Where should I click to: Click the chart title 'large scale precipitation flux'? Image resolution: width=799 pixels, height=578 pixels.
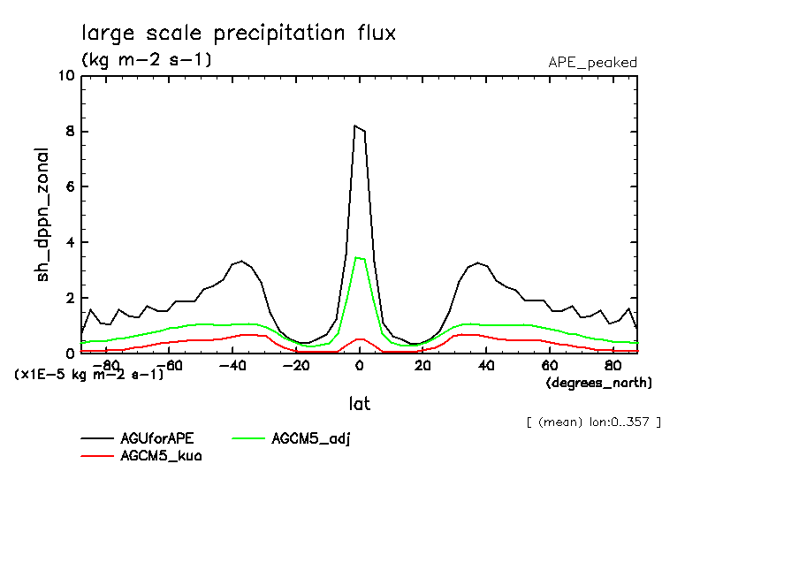pos(239,34)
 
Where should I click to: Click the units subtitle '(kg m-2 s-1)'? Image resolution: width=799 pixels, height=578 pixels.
pos(146,60)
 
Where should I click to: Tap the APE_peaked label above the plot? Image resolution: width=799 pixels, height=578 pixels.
pos(592,62)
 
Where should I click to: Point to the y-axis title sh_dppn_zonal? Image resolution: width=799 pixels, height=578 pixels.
pos(42,216)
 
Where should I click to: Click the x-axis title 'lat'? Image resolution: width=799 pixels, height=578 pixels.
pos(359,404)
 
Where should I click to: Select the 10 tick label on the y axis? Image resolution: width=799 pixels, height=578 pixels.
pos(65,76)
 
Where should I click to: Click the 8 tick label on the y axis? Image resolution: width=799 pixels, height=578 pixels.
pos(70,132)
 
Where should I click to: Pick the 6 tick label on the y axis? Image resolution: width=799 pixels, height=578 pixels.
pos(70,187)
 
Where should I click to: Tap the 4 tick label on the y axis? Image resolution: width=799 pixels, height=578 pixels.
pos(70,243)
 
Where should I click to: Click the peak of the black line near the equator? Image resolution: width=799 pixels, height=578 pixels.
pos(355,126)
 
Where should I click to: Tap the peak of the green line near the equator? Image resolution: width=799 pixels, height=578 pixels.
pos(356,258)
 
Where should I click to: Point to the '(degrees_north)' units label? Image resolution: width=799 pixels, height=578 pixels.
pos(599,383)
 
